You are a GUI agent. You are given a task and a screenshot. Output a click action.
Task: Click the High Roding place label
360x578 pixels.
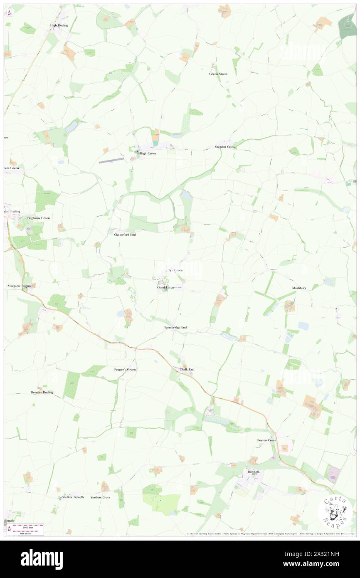[x=59, y=25]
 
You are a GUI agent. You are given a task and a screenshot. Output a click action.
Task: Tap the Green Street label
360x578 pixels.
[x=218, y=74]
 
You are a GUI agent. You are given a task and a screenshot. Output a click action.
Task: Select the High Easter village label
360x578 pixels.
[x=148, y=153]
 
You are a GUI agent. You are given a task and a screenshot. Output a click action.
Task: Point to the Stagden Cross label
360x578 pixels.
[x=225, y=147]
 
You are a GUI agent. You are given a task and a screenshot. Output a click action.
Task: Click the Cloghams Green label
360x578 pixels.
[x=38, y=218]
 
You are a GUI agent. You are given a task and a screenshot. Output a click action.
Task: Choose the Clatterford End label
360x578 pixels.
[x=125, y=235]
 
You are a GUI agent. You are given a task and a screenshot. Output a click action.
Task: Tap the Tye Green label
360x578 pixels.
[x=175, y=270]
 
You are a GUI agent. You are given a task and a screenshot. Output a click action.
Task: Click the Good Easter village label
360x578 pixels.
[x=166, y=287]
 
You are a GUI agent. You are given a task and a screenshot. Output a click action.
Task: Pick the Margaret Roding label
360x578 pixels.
[x=20, y=286]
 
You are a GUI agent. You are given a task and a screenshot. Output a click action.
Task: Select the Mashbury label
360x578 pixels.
[x=299, y=288]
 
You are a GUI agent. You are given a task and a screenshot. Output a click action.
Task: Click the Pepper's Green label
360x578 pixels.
[x=125, y=369]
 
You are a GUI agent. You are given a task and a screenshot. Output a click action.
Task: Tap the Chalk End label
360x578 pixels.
[x=187, y=369]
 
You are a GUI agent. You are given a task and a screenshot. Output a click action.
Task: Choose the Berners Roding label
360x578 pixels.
[x=42, y=393]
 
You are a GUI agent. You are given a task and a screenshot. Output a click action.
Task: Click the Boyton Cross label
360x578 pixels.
[x=266, y=440]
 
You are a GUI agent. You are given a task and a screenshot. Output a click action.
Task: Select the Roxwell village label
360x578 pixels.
[x=253, y=472]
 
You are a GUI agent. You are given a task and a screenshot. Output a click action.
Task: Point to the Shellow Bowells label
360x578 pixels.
[x=73, y=497]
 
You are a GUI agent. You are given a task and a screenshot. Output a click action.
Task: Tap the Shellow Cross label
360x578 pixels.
[x=100, y=497]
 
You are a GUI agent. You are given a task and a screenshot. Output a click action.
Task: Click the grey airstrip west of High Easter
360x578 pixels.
[x=111, y=160]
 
